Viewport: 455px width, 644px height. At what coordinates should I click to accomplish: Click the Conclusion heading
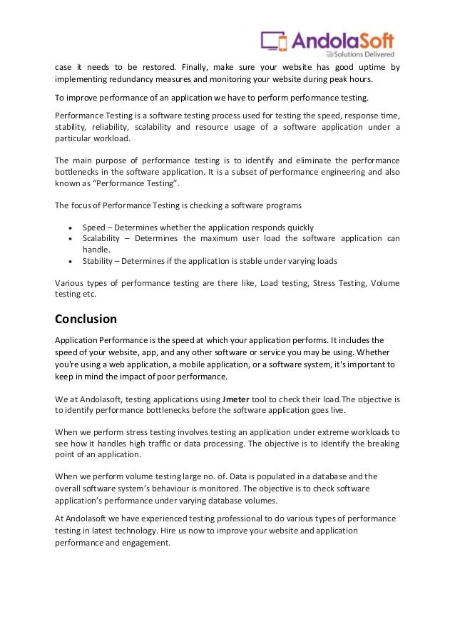pyautogui.click(x=86, y=318)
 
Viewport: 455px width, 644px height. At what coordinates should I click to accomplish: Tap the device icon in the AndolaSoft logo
pyautogui.click(x=275, y=41)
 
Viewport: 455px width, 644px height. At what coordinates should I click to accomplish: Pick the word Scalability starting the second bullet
pyautogui.click(x=101, y=239)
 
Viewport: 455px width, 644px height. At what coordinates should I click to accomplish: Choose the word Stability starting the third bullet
pyautogui.click(x=98, y=261)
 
